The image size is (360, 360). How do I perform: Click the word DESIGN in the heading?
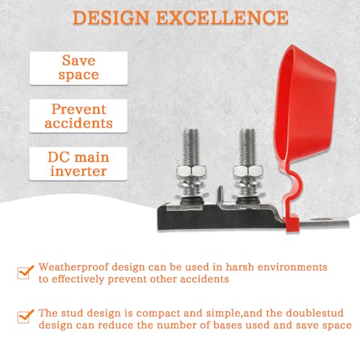(111, 18)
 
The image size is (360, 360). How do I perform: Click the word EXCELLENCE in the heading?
(222, 18)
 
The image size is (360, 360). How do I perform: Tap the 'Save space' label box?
(78, 68)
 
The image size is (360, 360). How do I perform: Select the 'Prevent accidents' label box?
(78, 116)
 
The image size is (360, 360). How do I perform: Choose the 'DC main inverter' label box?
(78, 163)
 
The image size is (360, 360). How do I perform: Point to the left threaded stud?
(191, 148)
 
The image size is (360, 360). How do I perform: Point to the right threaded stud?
(247, 148)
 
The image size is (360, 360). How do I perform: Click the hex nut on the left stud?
(192, 171)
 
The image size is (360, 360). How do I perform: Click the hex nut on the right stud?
(248, 171)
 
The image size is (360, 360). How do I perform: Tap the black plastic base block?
(216, 218)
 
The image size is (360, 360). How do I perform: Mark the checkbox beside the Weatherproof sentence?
(24, 272)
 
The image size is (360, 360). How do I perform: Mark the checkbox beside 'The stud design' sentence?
(24, 317)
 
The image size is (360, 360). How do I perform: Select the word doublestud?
(315, 313)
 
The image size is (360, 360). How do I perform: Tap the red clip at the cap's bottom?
(292, 224)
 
